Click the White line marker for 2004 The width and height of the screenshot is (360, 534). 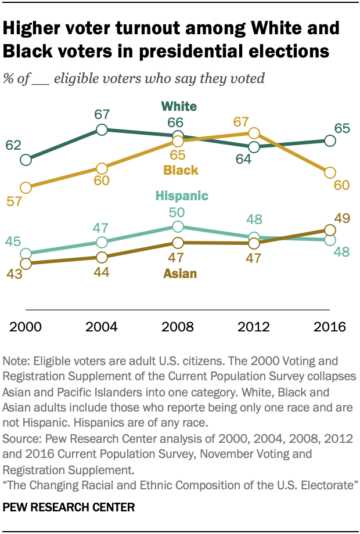(102, 129)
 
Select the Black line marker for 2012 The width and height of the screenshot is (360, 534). (254, 134)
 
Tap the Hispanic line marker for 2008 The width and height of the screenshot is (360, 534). (178, 226)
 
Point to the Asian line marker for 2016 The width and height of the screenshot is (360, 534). (330, 230)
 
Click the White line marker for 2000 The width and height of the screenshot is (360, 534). (26, 160)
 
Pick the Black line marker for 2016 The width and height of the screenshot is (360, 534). (330, 172)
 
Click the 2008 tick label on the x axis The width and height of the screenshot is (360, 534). (178, 326)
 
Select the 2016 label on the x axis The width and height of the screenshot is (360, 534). (330, 326)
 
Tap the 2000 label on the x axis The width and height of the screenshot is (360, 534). (26, 326)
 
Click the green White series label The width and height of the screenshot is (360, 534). (179, 106)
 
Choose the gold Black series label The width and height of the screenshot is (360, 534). (181, 171)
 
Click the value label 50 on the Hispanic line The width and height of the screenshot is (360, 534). (178, 211)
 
